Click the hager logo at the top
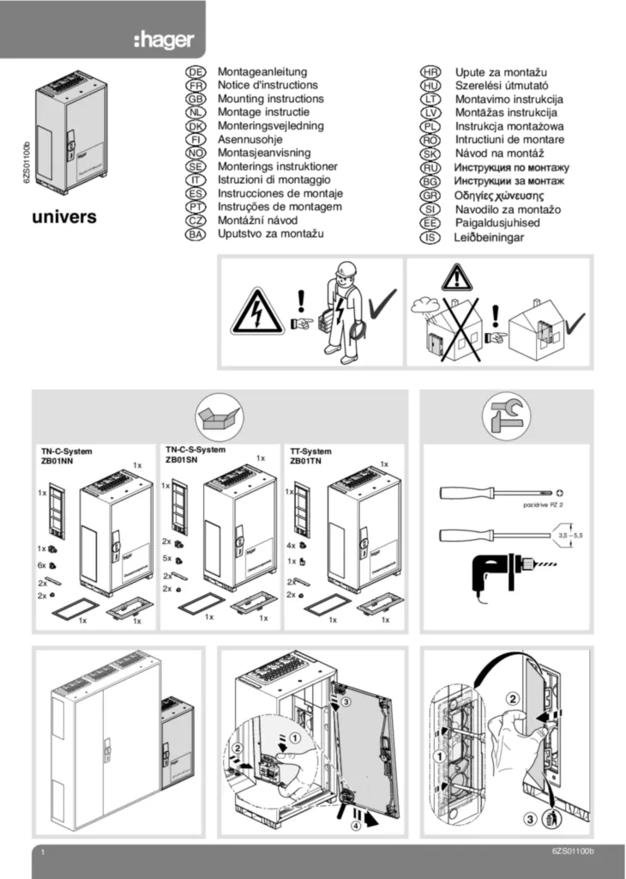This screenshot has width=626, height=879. [164, 39]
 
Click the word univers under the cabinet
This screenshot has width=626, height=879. [64, 217]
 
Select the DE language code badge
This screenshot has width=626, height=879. [196, 75]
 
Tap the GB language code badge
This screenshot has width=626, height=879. [196, 100]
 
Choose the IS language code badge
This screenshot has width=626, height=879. [431, 237]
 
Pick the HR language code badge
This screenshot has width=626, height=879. [431, 75]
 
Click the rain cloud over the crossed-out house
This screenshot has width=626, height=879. [425, 305]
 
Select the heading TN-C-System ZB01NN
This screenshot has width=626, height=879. [67, 456]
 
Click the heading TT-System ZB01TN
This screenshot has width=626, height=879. [310, 456]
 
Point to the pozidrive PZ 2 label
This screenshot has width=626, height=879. [543, 506]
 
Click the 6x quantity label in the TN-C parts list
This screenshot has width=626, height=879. [41, 565]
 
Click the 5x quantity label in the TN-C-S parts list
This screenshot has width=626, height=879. [166, 558]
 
